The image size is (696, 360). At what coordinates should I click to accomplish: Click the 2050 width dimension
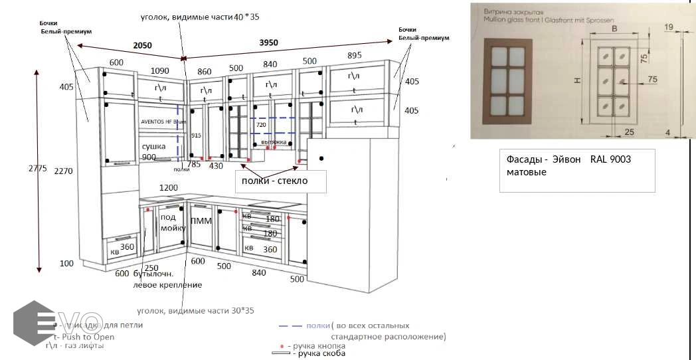click(142, 46)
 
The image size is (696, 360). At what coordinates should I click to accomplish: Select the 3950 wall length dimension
click(268, 43)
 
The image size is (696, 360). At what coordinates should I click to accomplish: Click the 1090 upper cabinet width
click(159, 71)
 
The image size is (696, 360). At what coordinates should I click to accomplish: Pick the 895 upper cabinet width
click(354, 55)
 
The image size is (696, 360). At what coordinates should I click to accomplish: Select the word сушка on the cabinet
click(153, 146)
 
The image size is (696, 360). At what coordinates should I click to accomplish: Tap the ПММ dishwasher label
click(201, 221)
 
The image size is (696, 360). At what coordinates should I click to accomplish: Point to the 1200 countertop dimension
click(169, 189)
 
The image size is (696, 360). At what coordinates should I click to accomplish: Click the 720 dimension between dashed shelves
click(261, 125)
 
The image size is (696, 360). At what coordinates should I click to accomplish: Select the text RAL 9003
click(610, 160)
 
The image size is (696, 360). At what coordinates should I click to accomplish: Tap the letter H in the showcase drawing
click(576, 80)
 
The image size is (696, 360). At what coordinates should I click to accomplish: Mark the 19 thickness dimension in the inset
click(668, 27)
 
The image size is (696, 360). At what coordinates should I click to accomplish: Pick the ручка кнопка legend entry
click(315, 346)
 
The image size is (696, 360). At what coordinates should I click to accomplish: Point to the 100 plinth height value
click(66, 264)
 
